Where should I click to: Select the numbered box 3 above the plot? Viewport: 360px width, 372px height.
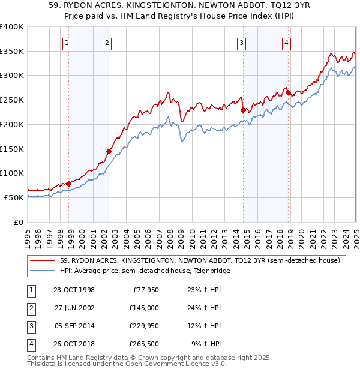[241, 43]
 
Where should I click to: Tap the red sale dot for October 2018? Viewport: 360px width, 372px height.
[288, 92]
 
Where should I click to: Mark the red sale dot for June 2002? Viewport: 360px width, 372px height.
[109, 151]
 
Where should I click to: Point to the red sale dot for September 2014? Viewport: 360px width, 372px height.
[243, 110]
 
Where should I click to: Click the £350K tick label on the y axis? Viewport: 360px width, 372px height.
[12, 52]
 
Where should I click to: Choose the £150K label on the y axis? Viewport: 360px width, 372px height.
[12, 149]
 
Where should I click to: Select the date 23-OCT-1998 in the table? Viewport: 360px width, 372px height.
[74, 290]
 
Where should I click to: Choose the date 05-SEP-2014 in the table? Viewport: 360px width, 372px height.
[74, 326]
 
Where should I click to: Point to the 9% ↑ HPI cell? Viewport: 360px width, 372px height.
[206, 344]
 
